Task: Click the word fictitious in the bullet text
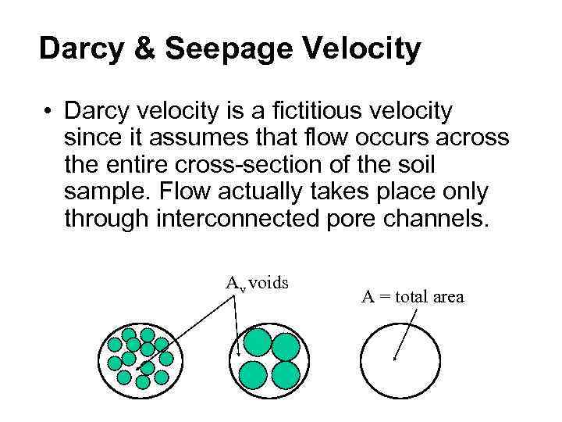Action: [299, 112]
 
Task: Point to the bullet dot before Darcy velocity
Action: [48, 113]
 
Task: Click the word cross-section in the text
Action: [265, 165]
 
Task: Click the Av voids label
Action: [257, 283]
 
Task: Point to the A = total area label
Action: [412, 297]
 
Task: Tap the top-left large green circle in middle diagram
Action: [256, 342]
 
